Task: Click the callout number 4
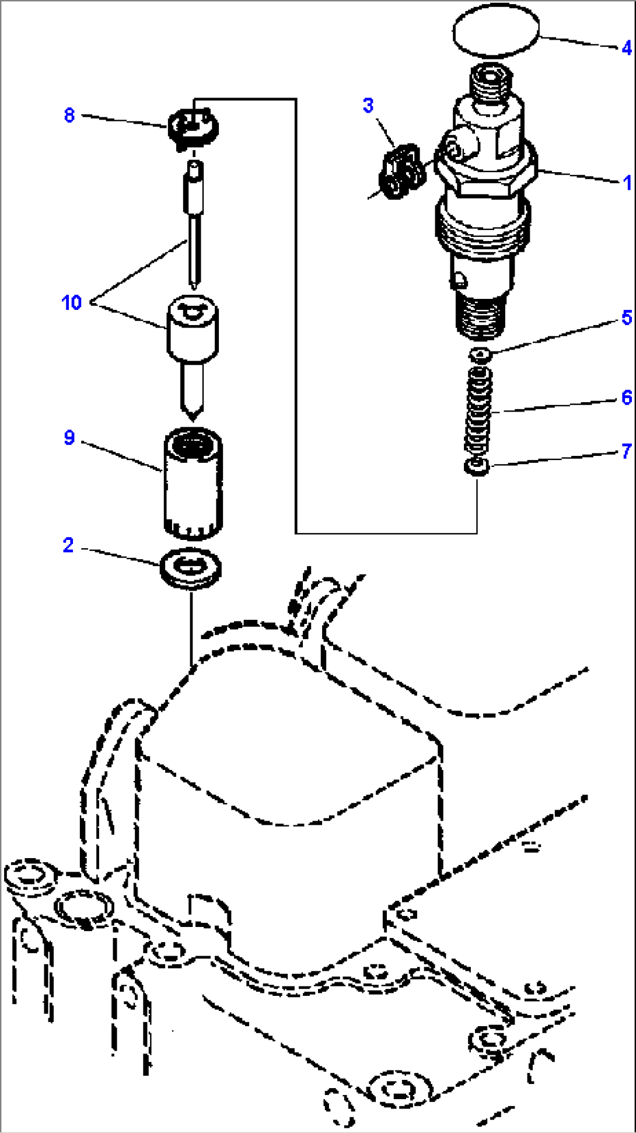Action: pos(626,48)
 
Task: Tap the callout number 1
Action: pos(627,183)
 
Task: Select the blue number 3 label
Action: pos(368,106)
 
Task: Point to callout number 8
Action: pos(69,115)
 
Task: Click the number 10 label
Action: pos(71,302)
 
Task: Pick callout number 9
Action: pos(69,437)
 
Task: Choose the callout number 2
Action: pos(68,545)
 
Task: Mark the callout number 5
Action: pos(627,318)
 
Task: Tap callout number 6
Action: pos(627,398)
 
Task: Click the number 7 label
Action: pos(627,451)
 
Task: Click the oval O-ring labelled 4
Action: pos(495,30)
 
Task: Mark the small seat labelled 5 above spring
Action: pos(480,354)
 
